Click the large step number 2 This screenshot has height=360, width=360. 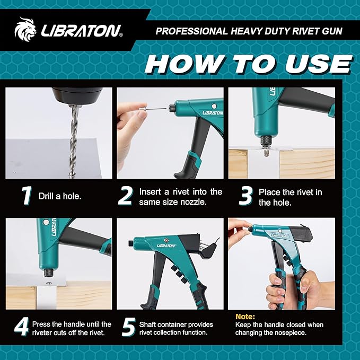tap(126, 195)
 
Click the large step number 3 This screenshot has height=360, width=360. tap(245, 195)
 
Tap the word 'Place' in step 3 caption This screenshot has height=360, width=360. tap(270, 191)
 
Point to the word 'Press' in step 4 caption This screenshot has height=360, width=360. tap(42, 323)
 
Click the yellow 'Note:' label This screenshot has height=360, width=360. tap(245, 316)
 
